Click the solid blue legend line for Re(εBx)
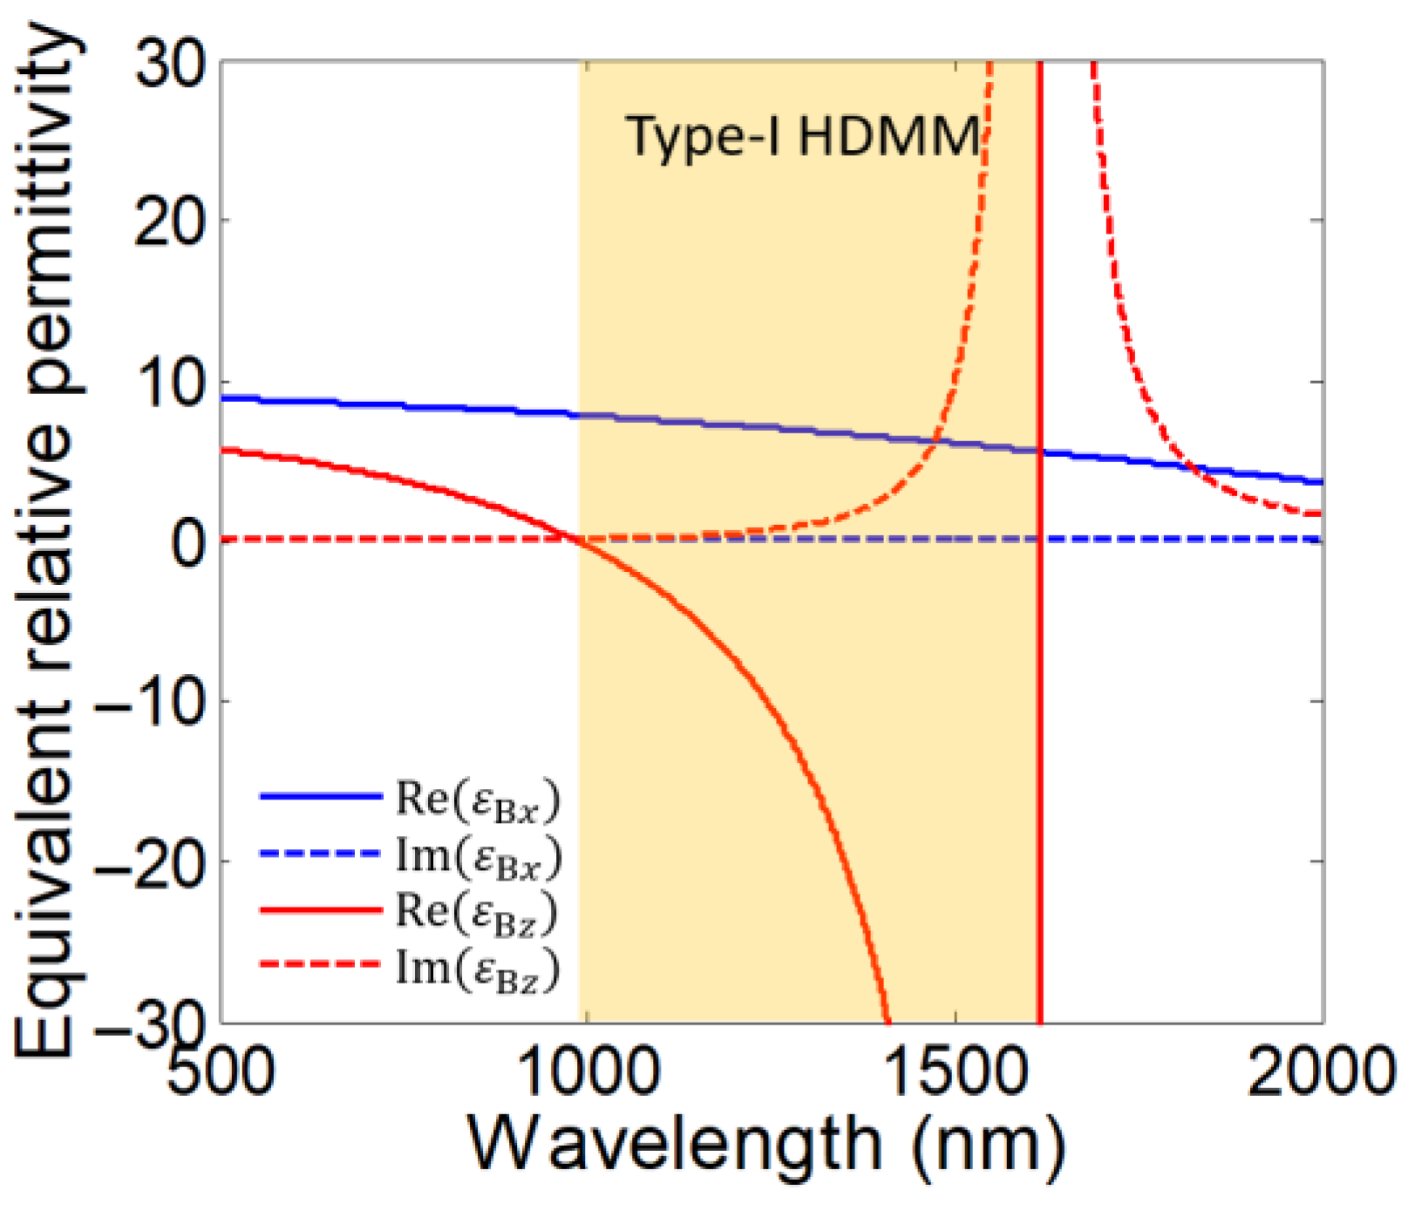tap(321, 795)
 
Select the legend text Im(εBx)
tap(478, 854)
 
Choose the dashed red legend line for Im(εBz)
tap(321, 964)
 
